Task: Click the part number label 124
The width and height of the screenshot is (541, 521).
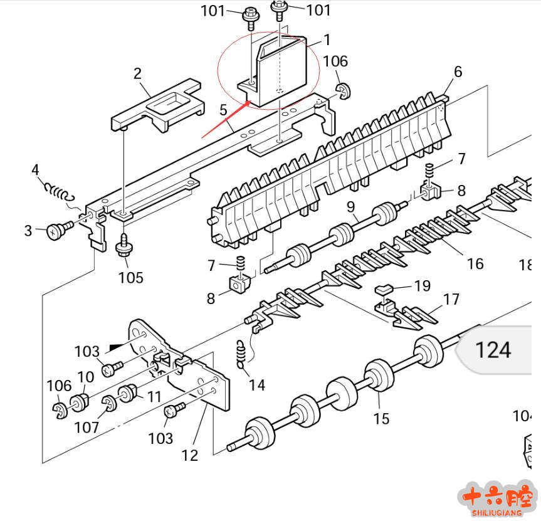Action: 493,349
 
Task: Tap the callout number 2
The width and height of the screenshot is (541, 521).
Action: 137,74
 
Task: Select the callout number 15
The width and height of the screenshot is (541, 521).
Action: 381,418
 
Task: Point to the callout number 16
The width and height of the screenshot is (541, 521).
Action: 475,263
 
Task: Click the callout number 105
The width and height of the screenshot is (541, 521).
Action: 130,277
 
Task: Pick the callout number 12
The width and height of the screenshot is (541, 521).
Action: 189,455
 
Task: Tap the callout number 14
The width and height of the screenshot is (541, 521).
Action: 257,384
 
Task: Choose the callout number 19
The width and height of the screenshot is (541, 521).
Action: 423,286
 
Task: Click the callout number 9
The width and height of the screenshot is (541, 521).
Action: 350,206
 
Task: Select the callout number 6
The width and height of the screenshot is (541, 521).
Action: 458,71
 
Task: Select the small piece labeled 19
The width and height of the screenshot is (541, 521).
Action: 384,289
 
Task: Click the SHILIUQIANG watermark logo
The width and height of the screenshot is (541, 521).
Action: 496,499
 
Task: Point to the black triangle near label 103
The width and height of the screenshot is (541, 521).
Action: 117,345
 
